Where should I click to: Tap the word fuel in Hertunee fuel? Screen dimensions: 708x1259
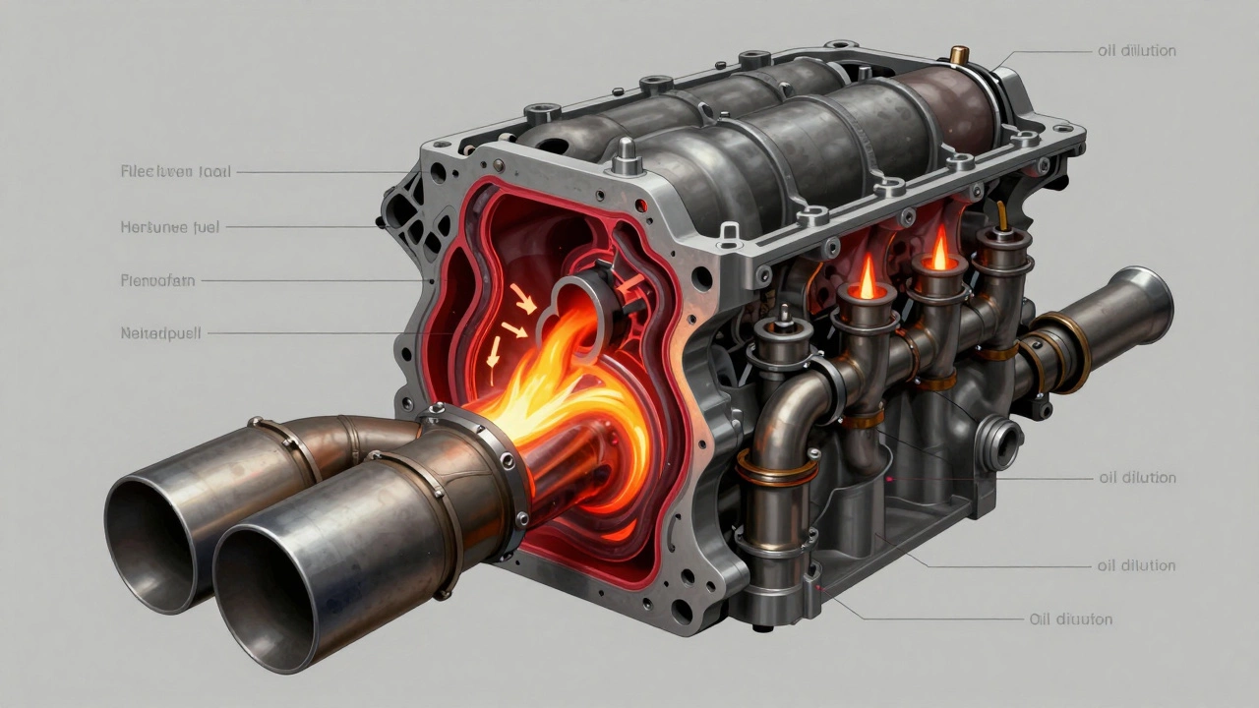[209, 226]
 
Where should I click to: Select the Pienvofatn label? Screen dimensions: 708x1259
[157, 280]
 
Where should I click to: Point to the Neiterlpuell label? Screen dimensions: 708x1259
[159, 333]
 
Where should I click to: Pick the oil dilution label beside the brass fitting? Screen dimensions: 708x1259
[1137, 50]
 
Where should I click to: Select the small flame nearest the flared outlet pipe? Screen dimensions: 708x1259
[939, 252]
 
